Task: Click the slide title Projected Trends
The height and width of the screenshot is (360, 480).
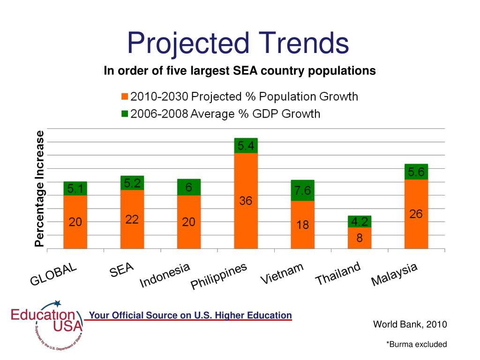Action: (238, 43)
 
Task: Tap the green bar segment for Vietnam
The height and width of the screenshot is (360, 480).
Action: (302, 190)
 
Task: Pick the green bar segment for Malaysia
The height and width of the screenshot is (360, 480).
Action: (416, 172)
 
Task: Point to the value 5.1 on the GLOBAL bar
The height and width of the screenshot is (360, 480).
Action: (76, 189)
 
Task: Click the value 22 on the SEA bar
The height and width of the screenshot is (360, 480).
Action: (132, 219)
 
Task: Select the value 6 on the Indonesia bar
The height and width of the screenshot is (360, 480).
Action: (188, 187)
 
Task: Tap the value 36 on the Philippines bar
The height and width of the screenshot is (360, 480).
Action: (246, 201)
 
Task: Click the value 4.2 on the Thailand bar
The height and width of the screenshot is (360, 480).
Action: (360, 222)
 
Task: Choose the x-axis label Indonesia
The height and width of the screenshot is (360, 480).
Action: (165, 275)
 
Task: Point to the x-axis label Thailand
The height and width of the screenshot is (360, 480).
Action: (338, 274)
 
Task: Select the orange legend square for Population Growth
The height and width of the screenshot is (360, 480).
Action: (124, 97)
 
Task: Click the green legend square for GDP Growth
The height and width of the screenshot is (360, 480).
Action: (124, 113)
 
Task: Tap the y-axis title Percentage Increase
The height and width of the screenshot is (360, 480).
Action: (40, 188)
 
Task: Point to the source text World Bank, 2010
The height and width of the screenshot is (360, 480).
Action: (410, 324)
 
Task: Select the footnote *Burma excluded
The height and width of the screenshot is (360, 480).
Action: (416, 345)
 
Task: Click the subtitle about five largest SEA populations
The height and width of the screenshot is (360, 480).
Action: (240, 71)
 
